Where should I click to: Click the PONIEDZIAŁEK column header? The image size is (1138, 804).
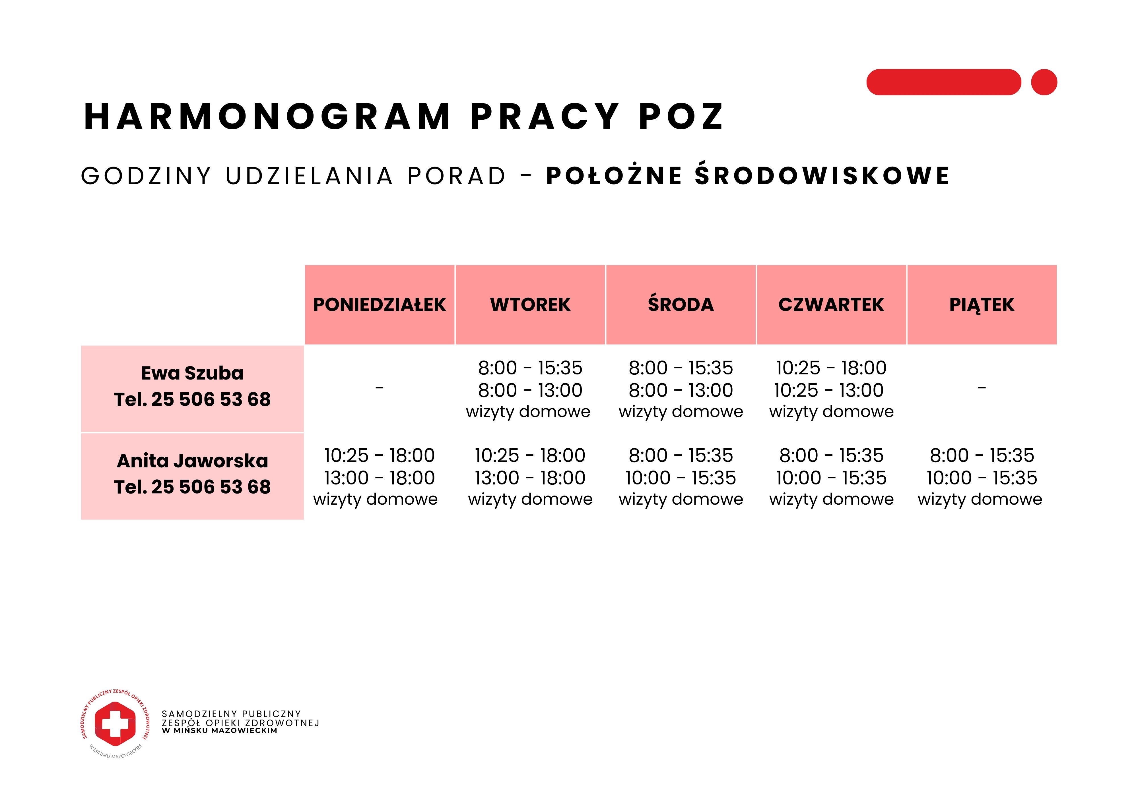[379, 305]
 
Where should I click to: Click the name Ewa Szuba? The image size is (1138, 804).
[192, 373]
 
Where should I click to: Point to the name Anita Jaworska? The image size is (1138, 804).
[192, 461]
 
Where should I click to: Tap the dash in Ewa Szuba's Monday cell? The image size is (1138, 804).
[379, 388]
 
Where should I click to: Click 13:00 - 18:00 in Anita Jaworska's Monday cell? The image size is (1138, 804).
[379, 478]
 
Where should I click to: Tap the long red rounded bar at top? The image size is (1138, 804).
[943, 82]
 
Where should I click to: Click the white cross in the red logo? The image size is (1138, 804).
[115, 724]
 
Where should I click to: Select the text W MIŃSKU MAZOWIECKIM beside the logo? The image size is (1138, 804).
[220, 731]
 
